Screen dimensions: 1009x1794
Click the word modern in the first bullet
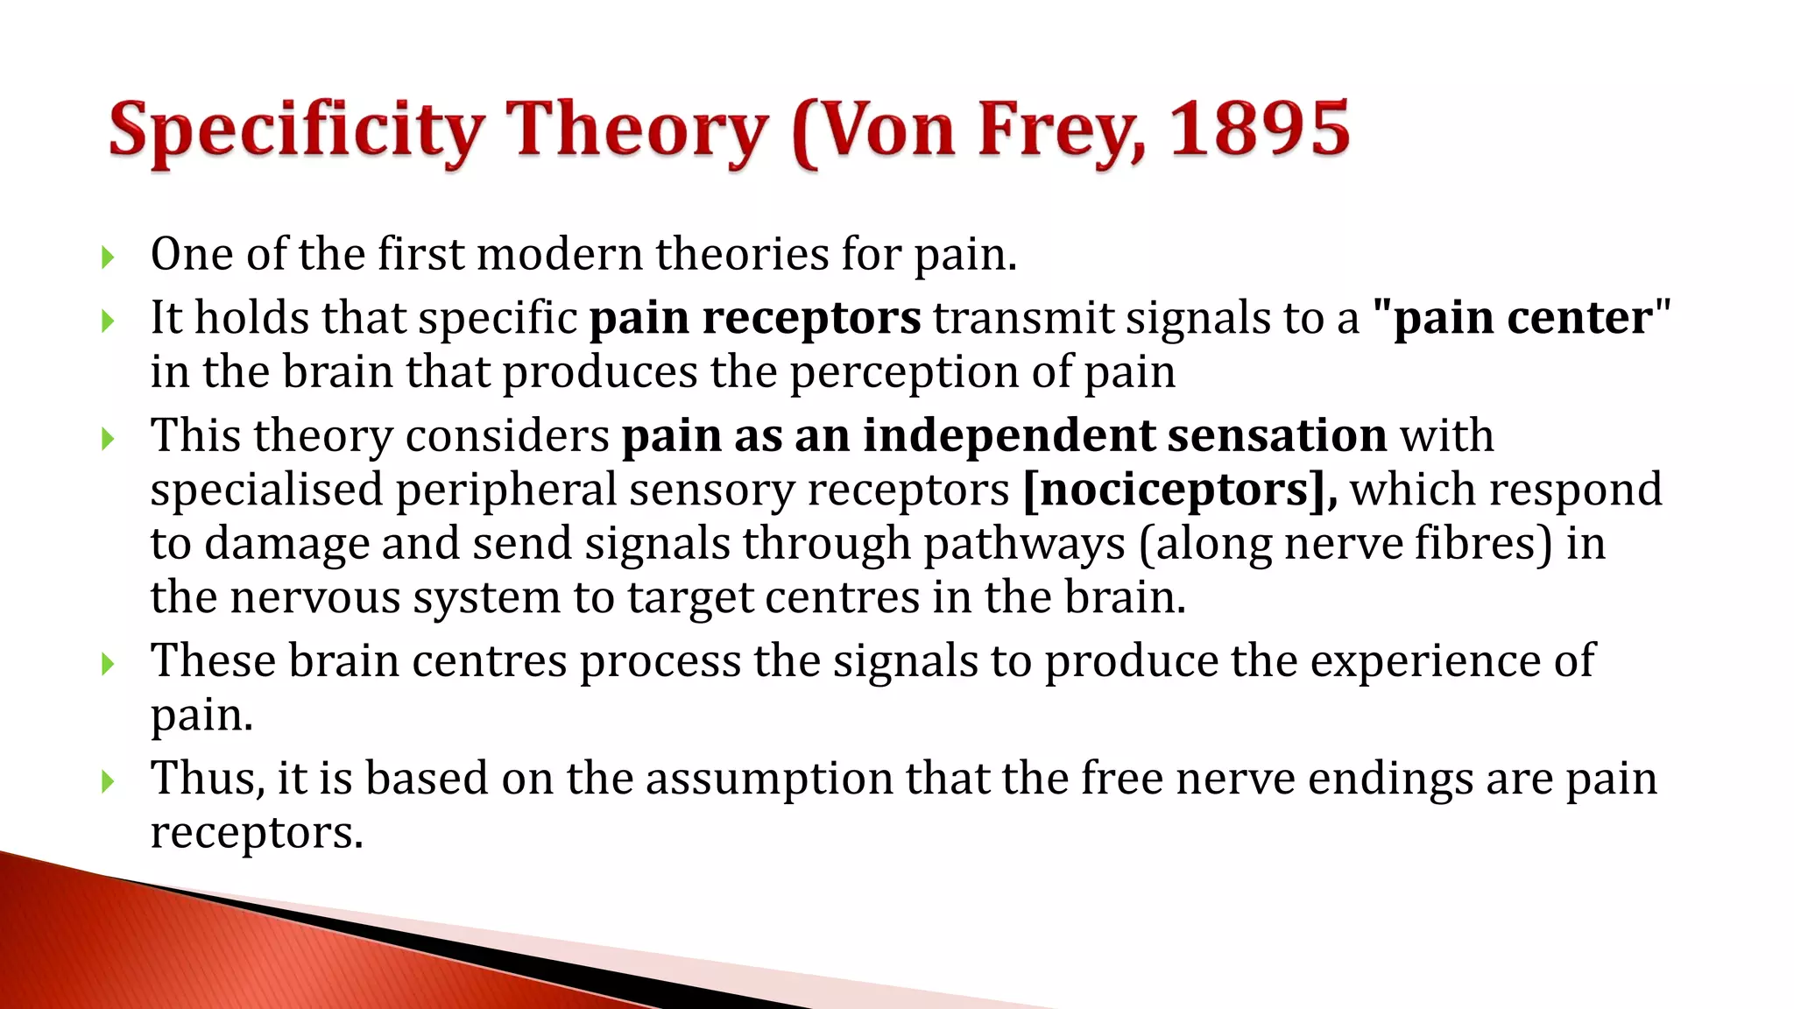tap(560, 254)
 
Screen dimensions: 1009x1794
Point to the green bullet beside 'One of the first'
tap(108, 258)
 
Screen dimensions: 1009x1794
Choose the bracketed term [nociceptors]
tap(1178, 489)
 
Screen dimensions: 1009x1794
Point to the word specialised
tap(266, 489)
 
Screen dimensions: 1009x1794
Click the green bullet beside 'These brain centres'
tap(108, 664)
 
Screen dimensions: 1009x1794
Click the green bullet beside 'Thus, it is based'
tap(108, 780)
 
